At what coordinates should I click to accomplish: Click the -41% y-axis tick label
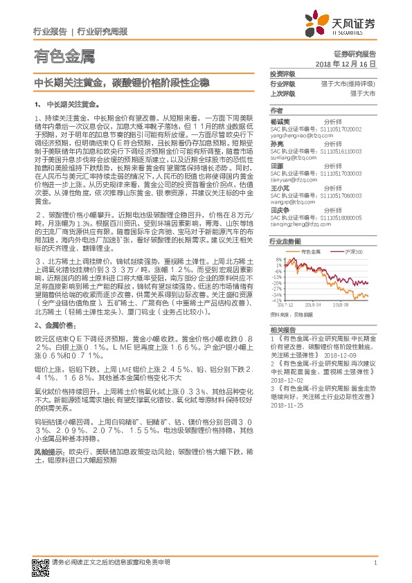point(276,301)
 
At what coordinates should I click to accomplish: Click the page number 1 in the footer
point(375,564)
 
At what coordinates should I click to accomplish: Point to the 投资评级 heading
point(282,73)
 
